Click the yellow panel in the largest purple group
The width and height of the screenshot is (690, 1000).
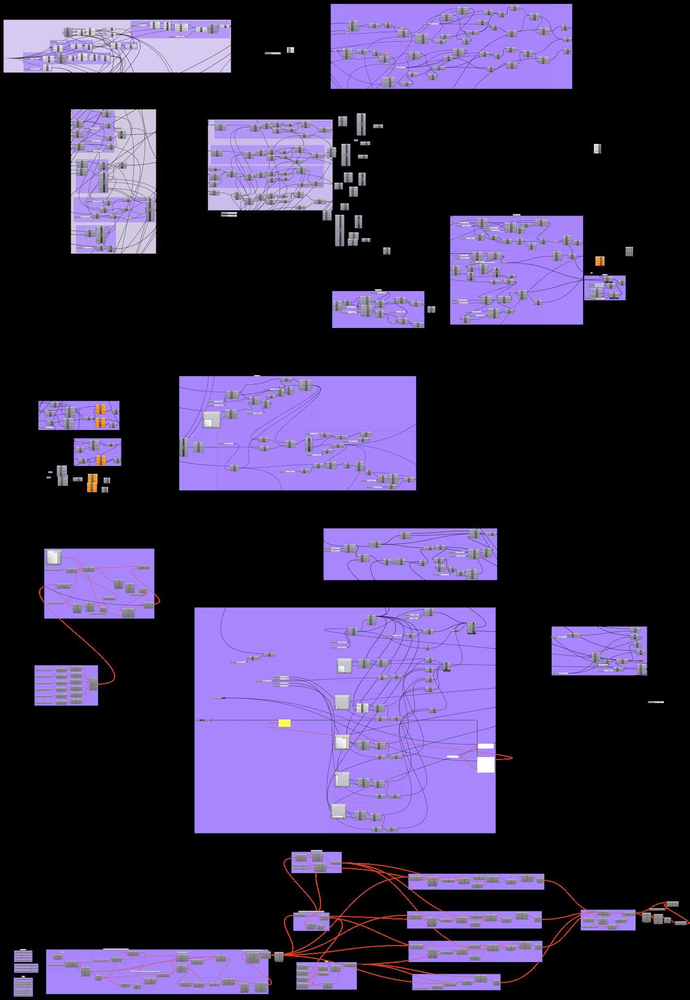click(x=285, y=723)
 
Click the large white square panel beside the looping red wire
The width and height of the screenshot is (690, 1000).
click(x=486, y=764)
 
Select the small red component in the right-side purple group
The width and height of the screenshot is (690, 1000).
click(x=641, y=661)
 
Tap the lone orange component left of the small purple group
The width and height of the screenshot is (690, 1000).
click(x=600, y=261)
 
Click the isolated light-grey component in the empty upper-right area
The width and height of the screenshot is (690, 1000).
click(x=597, y=149)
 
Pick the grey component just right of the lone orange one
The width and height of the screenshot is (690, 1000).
click(x=629, y=251)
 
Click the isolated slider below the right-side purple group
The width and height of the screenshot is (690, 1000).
click(x=656, y=702)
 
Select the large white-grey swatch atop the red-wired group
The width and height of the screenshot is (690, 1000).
click(x=53, y=557)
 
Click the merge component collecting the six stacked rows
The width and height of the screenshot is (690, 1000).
click(x=92, y=684)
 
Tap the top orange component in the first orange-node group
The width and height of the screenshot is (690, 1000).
click(x=101, y=409)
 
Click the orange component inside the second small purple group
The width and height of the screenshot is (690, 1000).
click(x=101, y=460)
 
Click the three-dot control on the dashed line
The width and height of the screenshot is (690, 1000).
click(x=201, y=720)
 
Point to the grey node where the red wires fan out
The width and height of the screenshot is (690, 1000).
click(x=279, y=957)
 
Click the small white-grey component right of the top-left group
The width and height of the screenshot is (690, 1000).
click(x=290, y=50)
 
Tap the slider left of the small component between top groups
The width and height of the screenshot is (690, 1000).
click(x=273, y=53)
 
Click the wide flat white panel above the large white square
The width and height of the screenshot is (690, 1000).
click(x=486, y=746)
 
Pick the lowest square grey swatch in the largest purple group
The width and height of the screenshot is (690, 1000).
click(x=338, y=810)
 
